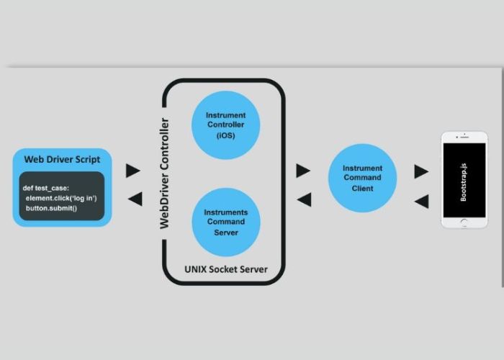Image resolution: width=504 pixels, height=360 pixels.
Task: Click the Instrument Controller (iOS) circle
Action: pos(225,125)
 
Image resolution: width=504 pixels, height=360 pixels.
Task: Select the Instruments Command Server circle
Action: pos(225,222)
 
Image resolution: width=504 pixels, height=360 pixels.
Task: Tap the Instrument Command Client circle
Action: pos(362,178)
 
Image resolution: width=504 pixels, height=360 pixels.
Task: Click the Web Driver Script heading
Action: pos(63,159)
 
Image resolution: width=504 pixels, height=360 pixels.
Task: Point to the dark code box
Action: pos(63,196)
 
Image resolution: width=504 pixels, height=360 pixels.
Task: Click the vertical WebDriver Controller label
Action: pos(165,173)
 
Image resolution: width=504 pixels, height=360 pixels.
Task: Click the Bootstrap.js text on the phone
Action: pos(463,181)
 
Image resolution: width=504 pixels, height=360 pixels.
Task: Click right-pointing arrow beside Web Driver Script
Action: pos(133,171)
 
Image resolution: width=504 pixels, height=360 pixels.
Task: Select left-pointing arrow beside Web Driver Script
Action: pos(134,199)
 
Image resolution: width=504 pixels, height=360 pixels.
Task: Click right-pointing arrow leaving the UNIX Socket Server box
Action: pos(303,171)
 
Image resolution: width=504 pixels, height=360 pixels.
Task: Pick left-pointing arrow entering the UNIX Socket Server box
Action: pos(304,199)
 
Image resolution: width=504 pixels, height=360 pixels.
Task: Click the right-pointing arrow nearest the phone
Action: pos(421,171)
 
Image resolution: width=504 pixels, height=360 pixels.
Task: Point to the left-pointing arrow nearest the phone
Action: pos(422,202)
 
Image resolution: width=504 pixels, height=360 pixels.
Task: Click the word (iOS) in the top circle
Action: pos(225,135)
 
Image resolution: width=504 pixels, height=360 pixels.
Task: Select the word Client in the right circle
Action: pos(363,189)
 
